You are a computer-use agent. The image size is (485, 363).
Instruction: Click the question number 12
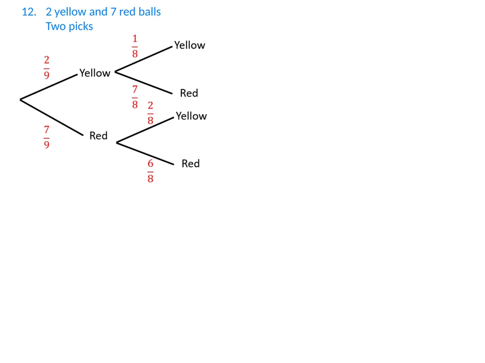29,12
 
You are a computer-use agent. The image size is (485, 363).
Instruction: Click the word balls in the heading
150,12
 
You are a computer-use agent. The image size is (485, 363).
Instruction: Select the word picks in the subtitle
81,26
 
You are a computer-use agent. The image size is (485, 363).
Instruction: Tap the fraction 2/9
46,67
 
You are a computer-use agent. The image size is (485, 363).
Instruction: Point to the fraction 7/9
46,137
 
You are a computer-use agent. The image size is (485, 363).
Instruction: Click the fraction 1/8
135,46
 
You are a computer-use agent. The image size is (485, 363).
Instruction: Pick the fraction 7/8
135,97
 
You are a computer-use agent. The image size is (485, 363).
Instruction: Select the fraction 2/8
150,113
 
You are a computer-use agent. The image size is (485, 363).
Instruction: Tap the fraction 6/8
150,171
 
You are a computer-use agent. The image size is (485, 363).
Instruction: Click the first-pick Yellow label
95,73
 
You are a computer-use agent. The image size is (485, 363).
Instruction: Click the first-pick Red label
99,136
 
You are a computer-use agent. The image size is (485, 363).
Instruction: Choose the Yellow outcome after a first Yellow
189,45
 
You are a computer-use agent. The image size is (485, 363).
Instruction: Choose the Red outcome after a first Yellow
189,93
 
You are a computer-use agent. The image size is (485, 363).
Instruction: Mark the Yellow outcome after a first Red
191,116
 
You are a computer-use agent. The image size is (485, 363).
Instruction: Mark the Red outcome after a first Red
190,163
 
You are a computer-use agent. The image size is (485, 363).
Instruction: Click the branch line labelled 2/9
49,87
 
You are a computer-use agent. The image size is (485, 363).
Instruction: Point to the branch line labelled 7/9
52,117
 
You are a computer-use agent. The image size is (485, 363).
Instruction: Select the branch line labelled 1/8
144,59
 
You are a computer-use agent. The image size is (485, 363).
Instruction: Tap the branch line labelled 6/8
145,154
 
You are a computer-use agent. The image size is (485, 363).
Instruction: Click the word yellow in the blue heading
70,12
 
